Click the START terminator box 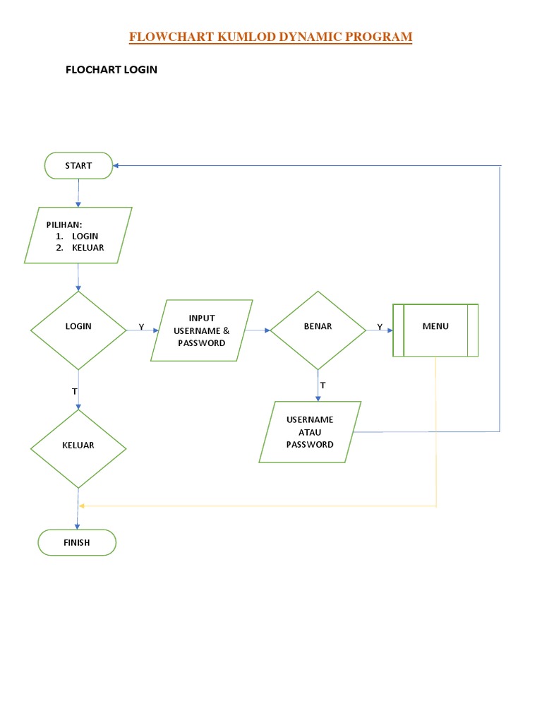pos(78,166)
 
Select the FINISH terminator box pos(78,543)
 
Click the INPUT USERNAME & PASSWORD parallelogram pos(202,330)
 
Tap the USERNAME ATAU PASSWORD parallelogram pos(310,432)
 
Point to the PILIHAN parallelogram pos(78,235)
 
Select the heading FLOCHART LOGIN pos(111,70)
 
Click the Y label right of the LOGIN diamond pos(141,328)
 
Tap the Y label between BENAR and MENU pos(380,327)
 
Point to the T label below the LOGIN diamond pos(75,390)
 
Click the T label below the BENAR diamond pos(323,386)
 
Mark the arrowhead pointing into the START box pos(116,166)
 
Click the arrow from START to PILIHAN pos(78,192)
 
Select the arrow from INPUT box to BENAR pos(258,330)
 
